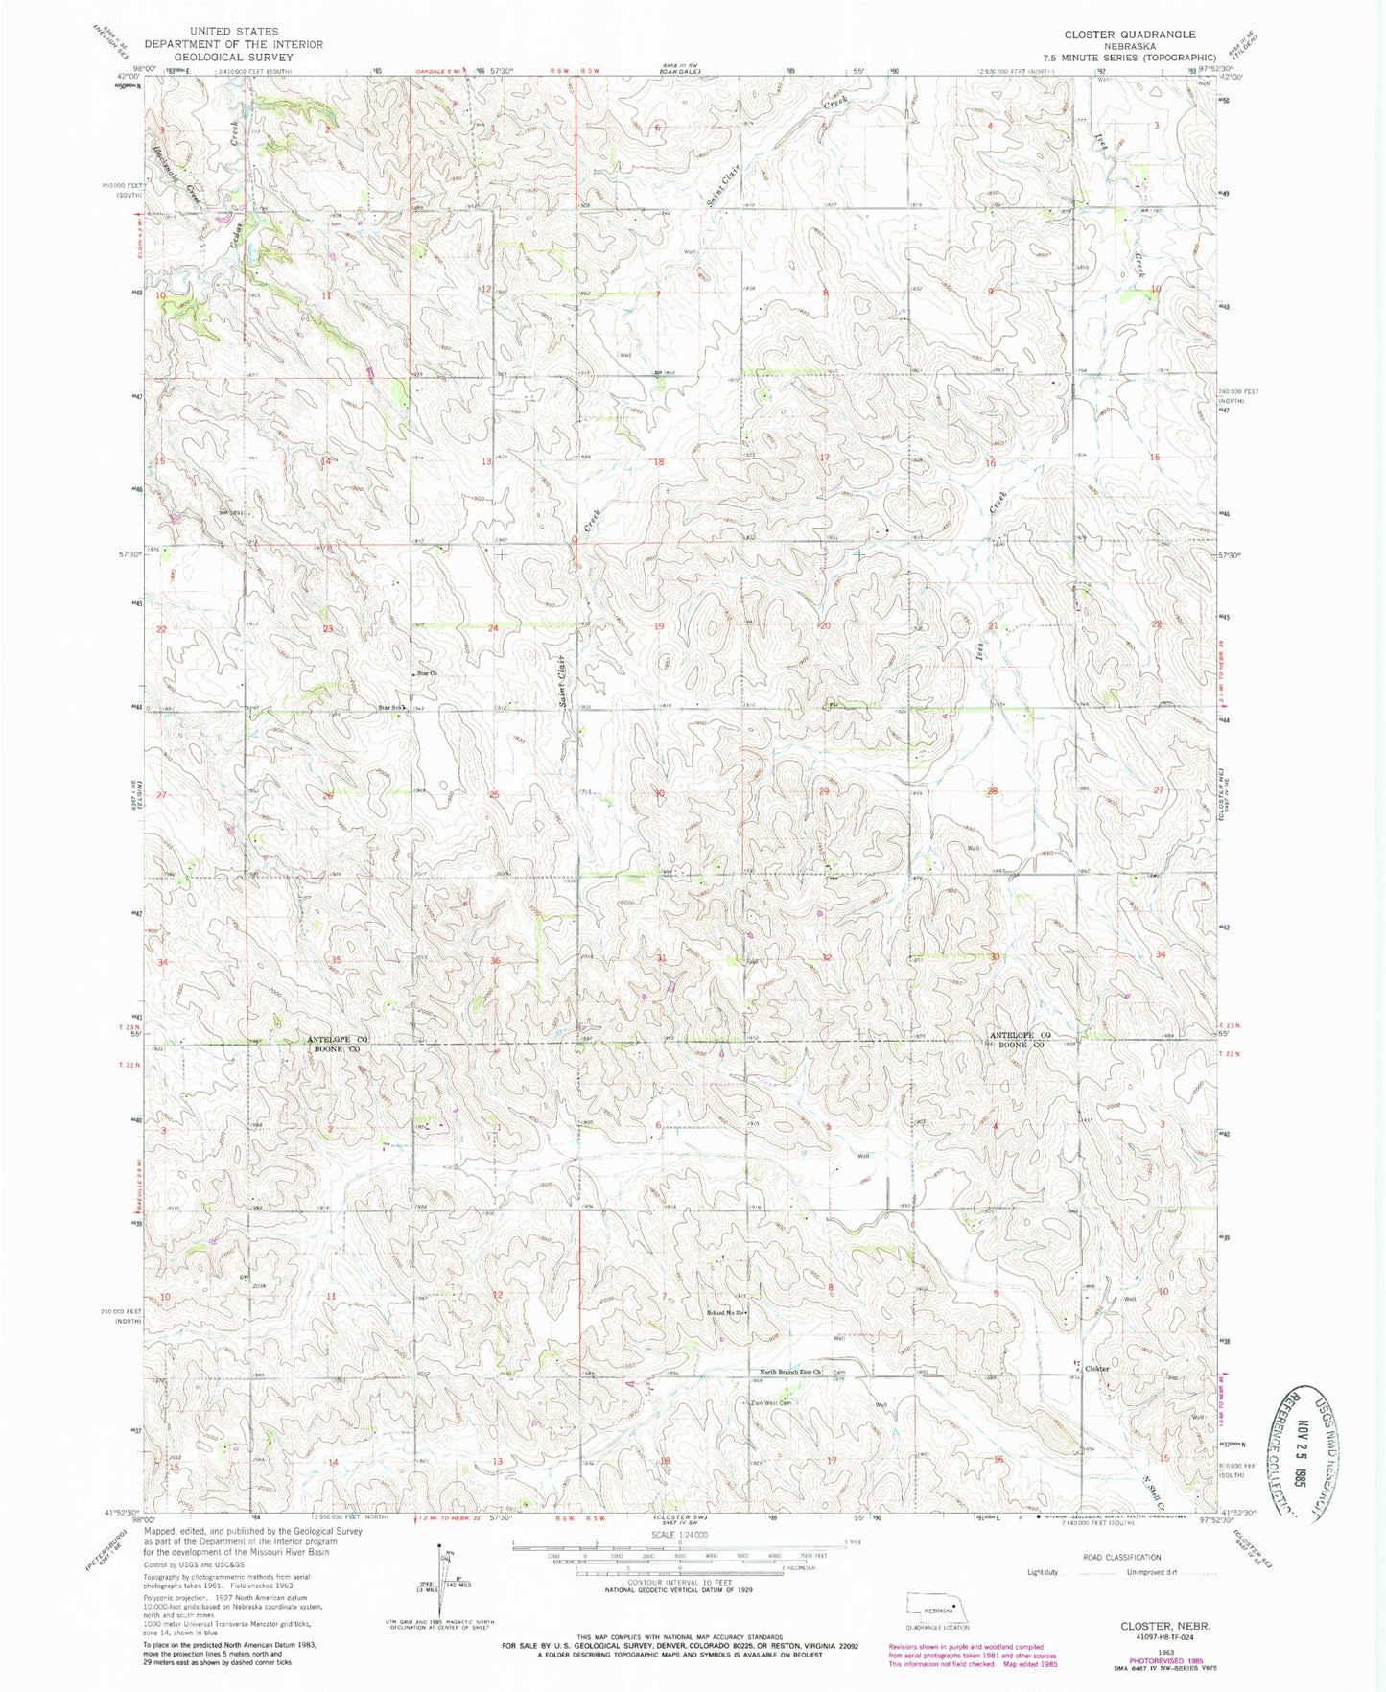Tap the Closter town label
click(x=1097, y=1369)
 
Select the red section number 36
click(x=495, y=960)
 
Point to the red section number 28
click(x=994, y=791)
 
